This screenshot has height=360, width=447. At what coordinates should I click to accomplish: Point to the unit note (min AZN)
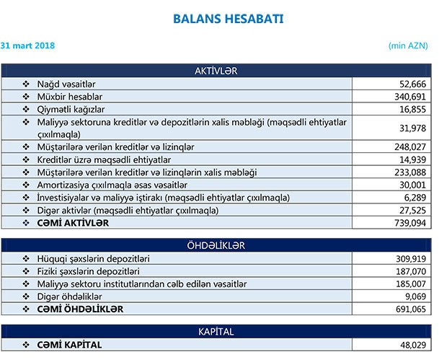[x=408, y=45]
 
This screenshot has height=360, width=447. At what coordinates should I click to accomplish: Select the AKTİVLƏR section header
[x=216, y=71]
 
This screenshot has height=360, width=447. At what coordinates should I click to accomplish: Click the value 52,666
[x=411, y=84]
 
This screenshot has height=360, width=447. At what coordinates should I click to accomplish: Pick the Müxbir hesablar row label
[x=69, y=96]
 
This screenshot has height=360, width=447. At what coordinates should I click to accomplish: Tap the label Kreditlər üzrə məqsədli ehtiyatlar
[x=104, y=159]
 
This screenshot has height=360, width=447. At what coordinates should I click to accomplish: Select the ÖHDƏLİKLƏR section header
[x=216, y=245]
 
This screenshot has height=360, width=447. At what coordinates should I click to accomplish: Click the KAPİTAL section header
[x=216, y=331]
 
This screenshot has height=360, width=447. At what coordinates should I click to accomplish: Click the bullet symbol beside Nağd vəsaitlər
[x=27, y=84]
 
